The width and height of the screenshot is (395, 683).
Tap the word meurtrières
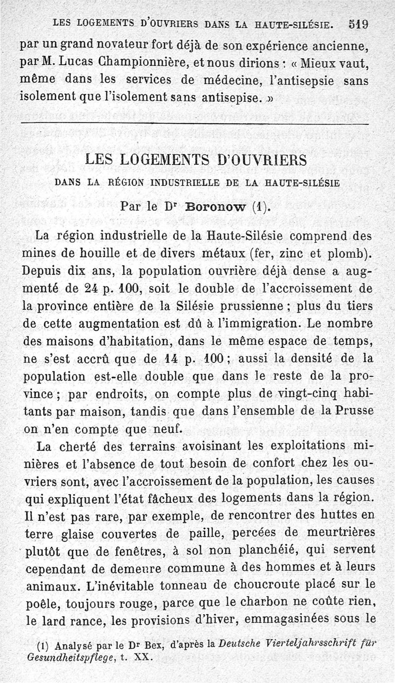coord(338,533)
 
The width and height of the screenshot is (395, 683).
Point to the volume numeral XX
coord(143,658)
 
